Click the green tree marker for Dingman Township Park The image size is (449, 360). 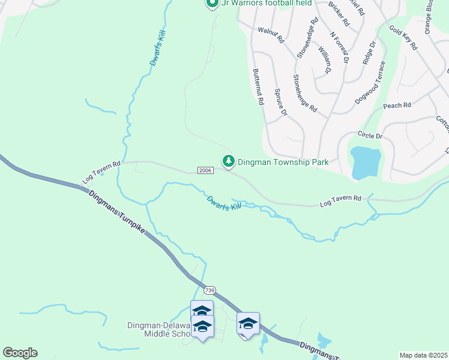coord(228,161)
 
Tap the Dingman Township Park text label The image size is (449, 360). coord(283,162)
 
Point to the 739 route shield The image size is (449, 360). coord(209,290)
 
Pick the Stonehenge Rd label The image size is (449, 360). coord(304,93)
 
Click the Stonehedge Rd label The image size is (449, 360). coord(306,37)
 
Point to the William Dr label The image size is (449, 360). coord(325,60)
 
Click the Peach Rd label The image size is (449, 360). coord(397,106)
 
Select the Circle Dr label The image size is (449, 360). coord(370,135)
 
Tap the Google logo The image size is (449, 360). coord(20,353)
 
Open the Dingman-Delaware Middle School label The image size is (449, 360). coord(158,329)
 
